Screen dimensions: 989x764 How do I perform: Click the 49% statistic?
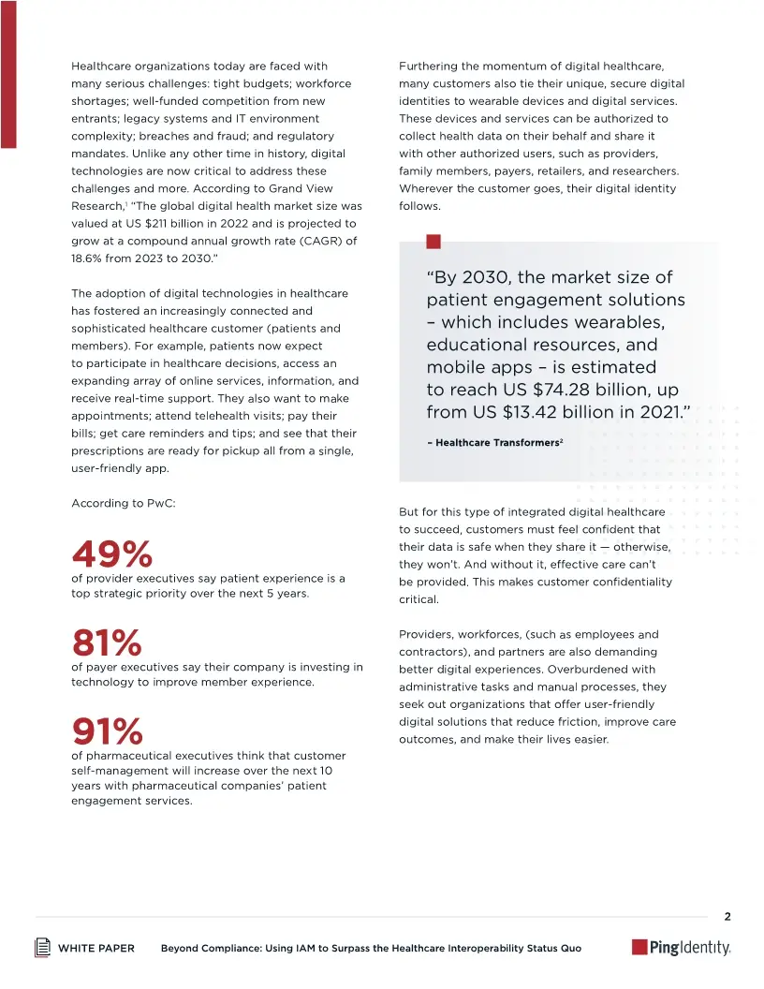click(111, 554)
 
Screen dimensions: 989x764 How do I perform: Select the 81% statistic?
click(106, 642)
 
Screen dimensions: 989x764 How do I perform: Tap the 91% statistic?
click(107, 731)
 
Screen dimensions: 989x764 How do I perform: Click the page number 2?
click(727, 915)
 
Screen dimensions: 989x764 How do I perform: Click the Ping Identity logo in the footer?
click(681, 948)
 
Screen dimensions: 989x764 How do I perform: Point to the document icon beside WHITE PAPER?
click(42, 948)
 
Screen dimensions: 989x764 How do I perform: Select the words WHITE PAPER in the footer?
click(96, 949)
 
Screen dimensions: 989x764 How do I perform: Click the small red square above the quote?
click(433, 242)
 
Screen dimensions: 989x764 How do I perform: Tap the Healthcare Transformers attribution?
click(493, 442)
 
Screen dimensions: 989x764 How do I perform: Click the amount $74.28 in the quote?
click(572, 390)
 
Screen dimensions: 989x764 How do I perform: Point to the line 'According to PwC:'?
click(124, 503)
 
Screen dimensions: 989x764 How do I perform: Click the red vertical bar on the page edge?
click(7, 74)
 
